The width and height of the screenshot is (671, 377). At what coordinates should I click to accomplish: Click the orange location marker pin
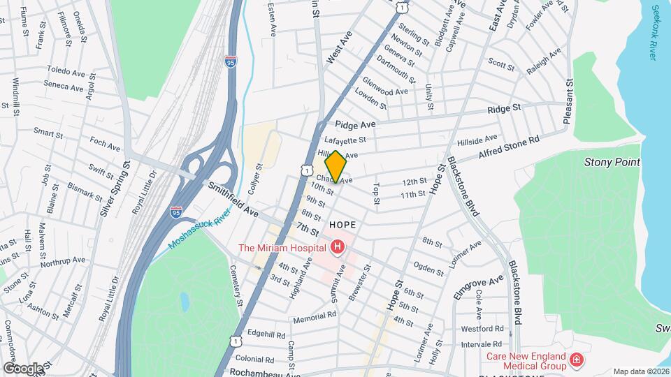tap(335, 166)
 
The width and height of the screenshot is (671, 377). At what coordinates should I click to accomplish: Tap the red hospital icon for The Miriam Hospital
tap(338, 247)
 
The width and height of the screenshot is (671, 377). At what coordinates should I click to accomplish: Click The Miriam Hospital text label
tap(282, 248)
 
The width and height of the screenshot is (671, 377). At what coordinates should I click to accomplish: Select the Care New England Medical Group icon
tap(577, 360)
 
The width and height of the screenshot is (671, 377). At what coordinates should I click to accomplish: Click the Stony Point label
tap(612, 162)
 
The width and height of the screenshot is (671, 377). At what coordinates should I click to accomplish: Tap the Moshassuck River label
tap(199, 231)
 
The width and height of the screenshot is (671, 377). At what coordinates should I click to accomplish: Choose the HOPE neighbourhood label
tap(342, 225)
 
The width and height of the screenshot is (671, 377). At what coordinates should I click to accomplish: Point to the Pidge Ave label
tap(355, 124)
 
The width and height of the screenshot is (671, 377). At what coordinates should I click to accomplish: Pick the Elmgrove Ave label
tap(479, 287)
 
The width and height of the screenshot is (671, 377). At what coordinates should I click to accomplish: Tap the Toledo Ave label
tap(65, 70)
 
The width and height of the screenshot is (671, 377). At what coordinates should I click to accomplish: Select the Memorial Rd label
tap(315, 315)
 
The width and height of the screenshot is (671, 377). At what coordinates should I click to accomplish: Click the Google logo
tap(23, 367)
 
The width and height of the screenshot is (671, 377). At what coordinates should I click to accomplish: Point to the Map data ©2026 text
tap(641, 371)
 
